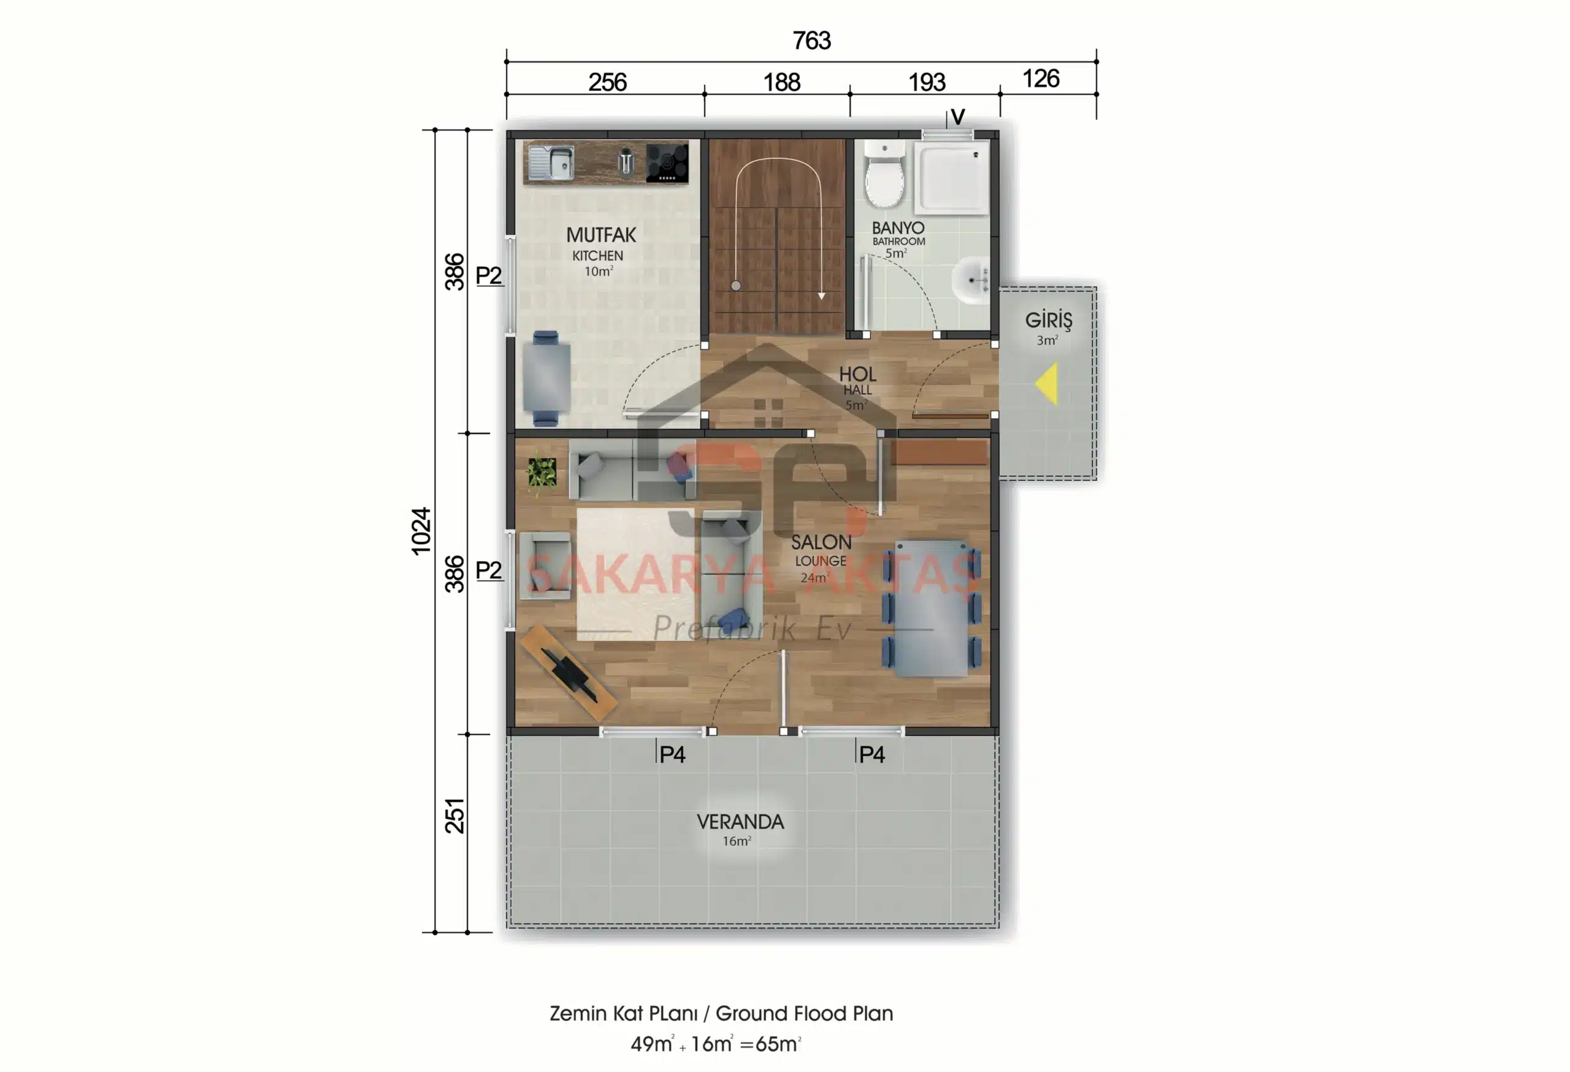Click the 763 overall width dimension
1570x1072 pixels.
click(x=811, y=40)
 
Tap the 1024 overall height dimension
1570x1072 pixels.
click(x=421, y=531)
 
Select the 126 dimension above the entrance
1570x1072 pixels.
click(x=1040, y=78)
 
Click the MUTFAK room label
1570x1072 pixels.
click(x=600, y=235)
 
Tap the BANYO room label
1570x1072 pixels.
click(x=897, y=228)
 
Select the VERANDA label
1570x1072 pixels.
click(x=740, y=821)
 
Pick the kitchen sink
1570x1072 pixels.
click(x=551, y=163)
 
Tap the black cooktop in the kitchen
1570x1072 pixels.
click(x=667, y=164)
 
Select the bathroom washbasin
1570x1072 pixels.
click(x=971, y=279)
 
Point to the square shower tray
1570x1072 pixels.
click(x=951, y=177)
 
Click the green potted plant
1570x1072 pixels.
click(x=542, y=472)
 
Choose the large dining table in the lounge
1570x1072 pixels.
click(x=932, y=607)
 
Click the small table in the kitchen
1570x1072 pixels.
click(x=546, y=378)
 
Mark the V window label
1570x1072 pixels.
click(x=957, y=117)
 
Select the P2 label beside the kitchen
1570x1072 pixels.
click(x=488, y=275)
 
